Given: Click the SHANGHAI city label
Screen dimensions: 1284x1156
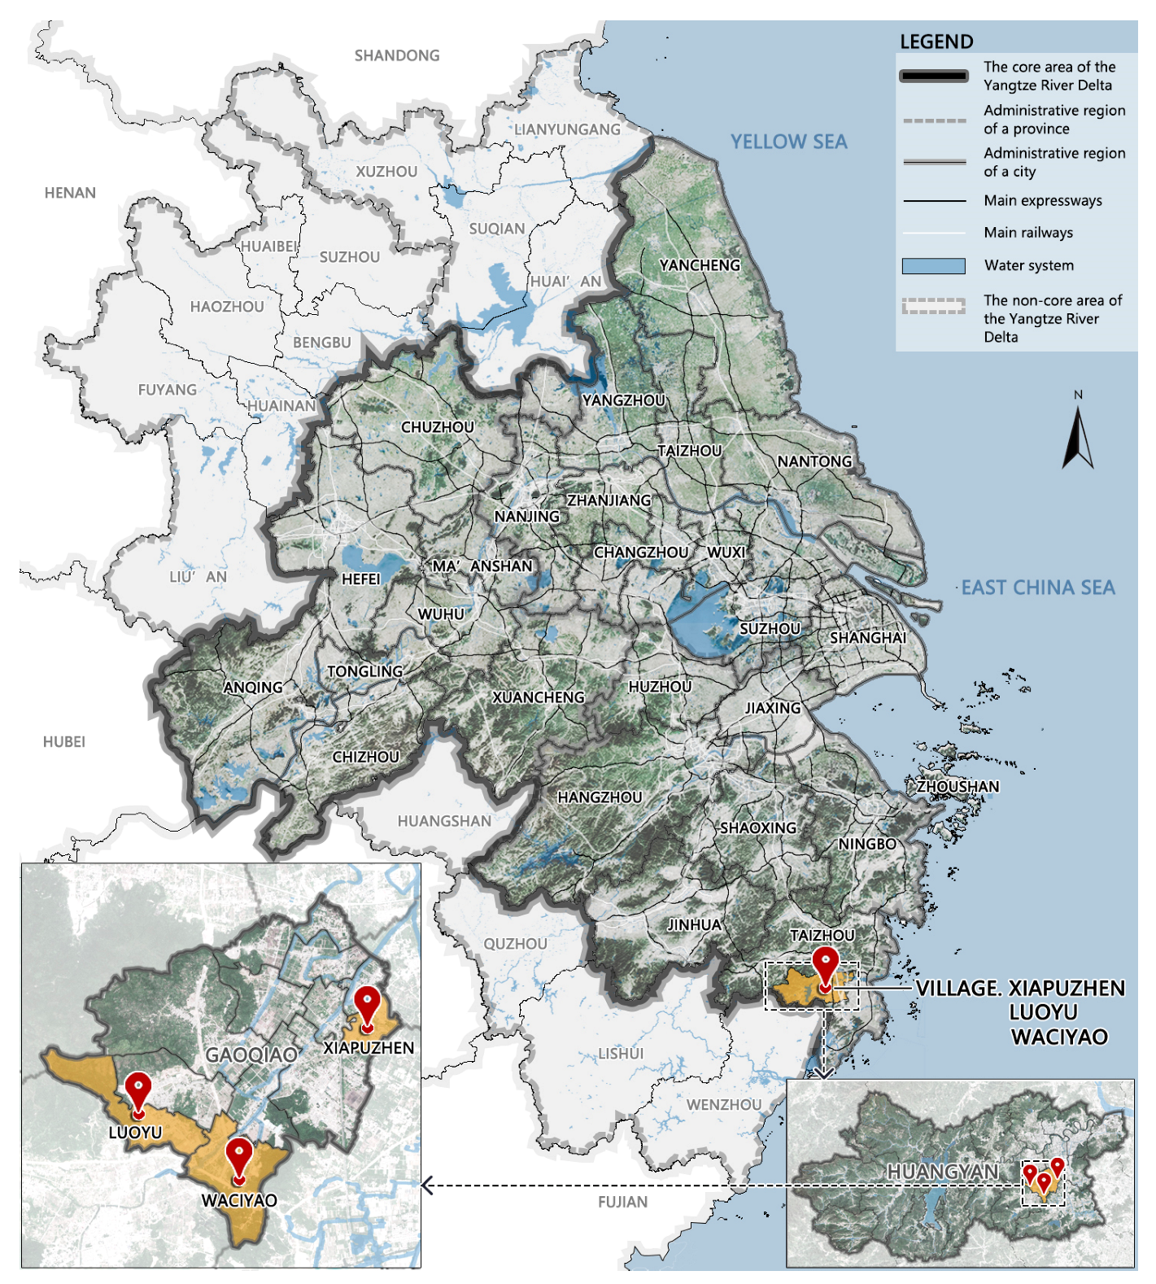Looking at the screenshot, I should coord(867,638).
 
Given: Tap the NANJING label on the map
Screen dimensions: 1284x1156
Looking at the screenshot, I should coord(527,517).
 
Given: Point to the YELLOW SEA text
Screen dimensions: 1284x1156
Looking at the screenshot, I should coord(788,142).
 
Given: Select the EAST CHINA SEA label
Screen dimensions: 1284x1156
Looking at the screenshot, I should coord(1037,587).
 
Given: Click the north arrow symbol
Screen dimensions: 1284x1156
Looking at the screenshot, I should coord(1077,439).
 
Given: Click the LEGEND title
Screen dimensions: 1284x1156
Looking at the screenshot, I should coord(936,42).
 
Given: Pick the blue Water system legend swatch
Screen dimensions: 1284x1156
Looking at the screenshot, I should coord(933,266).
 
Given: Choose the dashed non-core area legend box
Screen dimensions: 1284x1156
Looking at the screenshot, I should coord(933,306).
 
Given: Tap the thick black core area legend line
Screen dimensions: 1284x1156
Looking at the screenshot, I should coord(933,76).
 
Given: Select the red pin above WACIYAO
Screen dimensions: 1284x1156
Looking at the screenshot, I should coord(238,1158).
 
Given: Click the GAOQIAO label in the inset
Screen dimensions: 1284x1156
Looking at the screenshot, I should coord(251,1055).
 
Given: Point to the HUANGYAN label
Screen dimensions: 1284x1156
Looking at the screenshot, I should coord(942,1172).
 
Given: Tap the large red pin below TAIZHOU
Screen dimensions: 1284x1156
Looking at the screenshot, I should coord(826,967).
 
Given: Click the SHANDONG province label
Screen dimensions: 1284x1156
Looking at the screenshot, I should coord(397,55).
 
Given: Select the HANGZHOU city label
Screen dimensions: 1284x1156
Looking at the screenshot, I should coord(600,797).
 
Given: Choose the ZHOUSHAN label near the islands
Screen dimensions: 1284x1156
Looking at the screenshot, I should coord(958,787).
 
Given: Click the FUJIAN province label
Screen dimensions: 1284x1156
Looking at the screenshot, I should coord(622,1202).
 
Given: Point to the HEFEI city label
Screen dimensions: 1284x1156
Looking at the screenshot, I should coord(360,579).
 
